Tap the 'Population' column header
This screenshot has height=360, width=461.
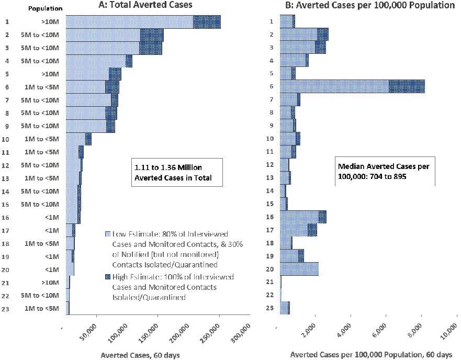pyautogui.click(x=45, y=9)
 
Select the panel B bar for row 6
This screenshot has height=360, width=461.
pyautogui.click(x=352, y=86)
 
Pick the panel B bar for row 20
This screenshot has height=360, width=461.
pyautogui.click(x=299, y=269)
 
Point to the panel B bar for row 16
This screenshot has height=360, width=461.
pyautogui.click(x=303, y=217)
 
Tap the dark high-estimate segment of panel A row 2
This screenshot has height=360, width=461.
pyautogui.click(x=152, y=35)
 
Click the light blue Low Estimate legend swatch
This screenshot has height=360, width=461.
pyautogui.click(x=107, y=234)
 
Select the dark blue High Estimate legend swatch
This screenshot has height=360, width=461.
pyautogui.click(x=107, y=277)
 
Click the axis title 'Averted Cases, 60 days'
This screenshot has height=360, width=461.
pyautogui.click(x=140, y=355)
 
